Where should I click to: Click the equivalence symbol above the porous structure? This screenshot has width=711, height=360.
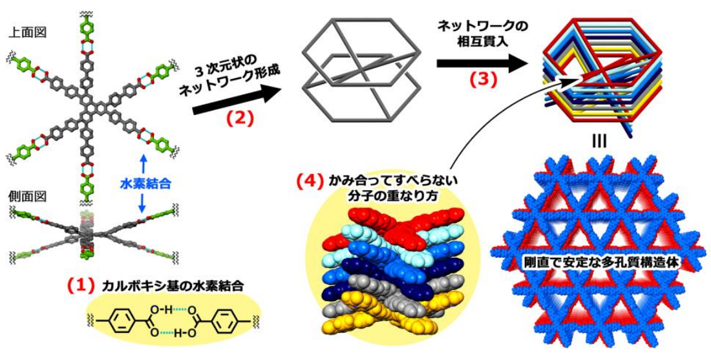click(x=599, y=140)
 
